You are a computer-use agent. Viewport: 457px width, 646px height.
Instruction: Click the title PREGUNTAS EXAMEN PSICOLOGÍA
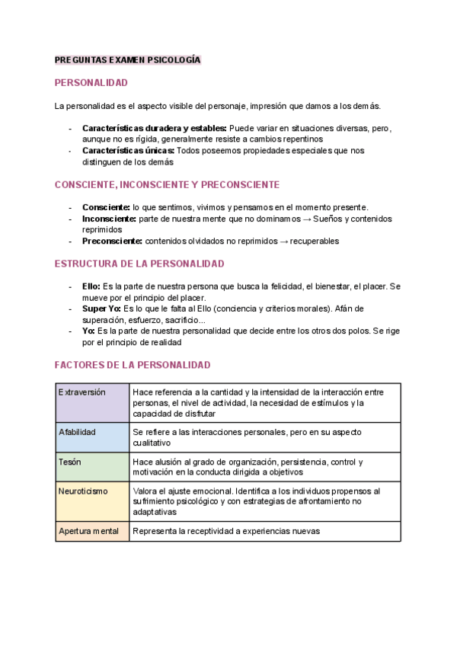(x=127, y=59)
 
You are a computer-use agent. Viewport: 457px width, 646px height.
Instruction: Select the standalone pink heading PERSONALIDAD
(x=91, y=82)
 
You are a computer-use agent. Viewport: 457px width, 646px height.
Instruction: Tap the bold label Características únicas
(x=128, y=151)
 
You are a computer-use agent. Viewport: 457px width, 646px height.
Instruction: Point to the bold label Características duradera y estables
(x=154, y=128)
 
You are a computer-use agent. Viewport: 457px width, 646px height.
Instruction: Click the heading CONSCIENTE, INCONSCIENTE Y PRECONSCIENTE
(x=167, y=185)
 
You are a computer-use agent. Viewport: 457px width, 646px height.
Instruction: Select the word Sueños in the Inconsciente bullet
(x=335, y=219)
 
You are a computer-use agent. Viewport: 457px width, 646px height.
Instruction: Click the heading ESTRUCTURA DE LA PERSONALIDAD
(x=139, y=264)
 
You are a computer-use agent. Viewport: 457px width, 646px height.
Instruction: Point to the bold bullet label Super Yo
(x=101, y=309)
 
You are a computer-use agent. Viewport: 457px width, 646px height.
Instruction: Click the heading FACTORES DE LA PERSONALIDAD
(x=133, y=365)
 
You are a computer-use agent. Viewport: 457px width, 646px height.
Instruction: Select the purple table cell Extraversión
(x=92, y=402)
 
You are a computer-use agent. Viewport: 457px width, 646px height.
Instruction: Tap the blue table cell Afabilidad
(x=92, y=437)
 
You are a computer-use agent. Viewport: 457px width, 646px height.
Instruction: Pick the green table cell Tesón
(x=92, y=467)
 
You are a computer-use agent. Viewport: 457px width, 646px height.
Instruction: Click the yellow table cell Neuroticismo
(x=92, y=500)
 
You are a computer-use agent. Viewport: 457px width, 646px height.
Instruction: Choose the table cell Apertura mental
(x=92, y=531)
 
